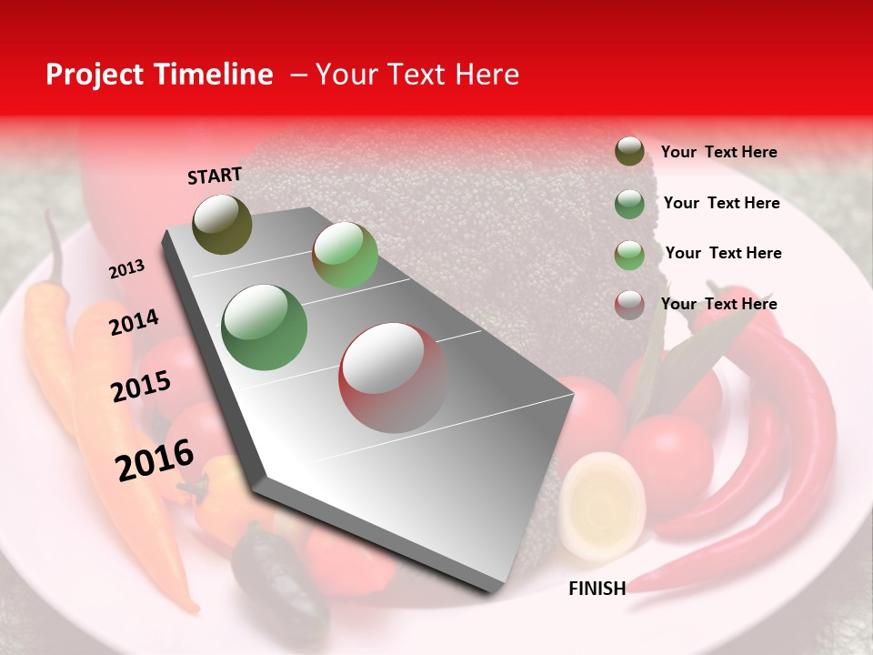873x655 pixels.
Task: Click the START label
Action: tap(215, 176)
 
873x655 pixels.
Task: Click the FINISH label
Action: tap(597, 589)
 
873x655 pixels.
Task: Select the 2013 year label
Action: tap(127, 269)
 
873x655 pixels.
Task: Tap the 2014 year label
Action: tap(134, 322)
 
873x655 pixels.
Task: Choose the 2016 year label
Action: tap(155, 460)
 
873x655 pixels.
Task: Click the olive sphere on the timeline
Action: tap(223, 224)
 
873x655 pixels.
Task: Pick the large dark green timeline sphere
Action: tap(265, 327)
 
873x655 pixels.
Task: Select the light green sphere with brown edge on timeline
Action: tap(346, 255)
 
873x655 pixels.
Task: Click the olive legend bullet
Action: tap(629, 152)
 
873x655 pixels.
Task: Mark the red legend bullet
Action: tap(629, 305)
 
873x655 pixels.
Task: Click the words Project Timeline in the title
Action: tap(159, 75)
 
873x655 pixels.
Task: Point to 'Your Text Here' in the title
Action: tap(417, 75)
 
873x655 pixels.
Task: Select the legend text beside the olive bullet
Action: tap(718, 152)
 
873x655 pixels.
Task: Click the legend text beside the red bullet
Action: tap(718, 304)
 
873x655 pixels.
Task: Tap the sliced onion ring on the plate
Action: tap(602, 505)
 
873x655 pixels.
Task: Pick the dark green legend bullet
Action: tap(629, 203)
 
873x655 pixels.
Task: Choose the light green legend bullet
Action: tap(629, 254)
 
